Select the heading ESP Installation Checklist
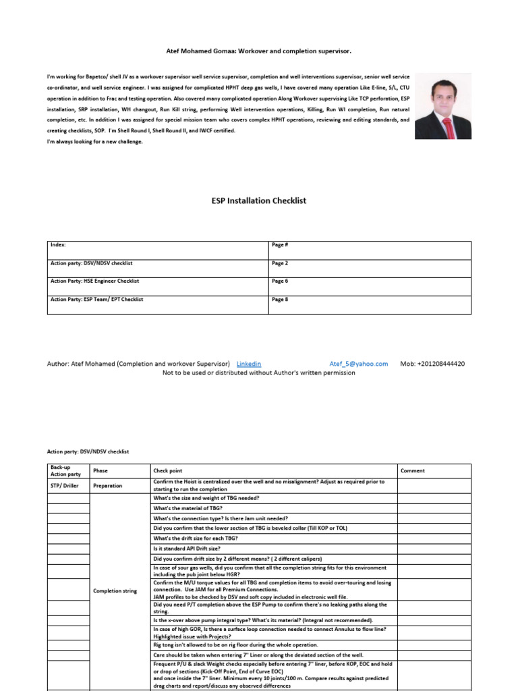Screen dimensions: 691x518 tap(259, 200)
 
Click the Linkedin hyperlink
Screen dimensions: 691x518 tap(248, 364)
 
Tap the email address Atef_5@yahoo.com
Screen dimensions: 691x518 tap(358, 364)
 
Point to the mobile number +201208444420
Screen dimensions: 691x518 tap(432, 364)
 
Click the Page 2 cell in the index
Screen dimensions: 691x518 tap(280, 263)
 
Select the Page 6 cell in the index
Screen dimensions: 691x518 tap(280, 281)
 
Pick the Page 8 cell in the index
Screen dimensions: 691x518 tap(280, 299)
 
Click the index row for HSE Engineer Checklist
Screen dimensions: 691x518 tap(94, 281)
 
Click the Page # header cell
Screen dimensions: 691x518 tap(280, 245)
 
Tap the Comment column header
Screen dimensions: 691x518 tap(413, 471)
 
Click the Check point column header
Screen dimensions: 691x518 tap(168, 471)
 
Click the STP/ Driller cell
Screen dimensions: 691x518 tap(64, 485)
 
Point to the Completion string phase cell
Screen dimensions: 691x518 tap(115, 591)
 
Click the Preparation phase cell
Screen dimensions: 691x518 tap(109, 485)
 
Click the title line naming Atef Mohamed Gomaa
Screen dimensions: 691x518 tap(259, 51)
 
